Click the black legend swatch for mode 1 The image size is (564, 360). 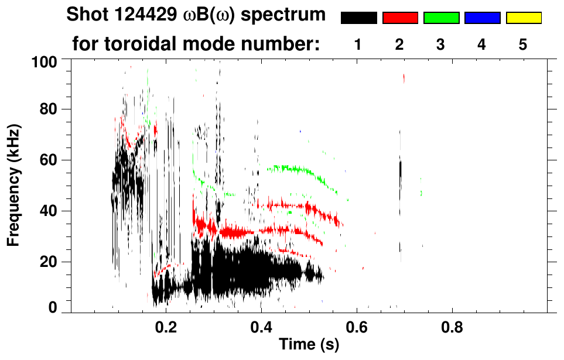point(358,18)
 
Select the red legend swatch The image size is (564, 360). point(400,18)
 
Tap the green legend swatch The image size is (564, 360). point(441,18)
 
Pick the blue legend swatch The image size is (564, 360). point(482,18)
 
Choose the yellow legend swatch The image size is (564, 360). point(523,18)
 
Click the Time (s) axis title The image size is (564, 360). point(309,345)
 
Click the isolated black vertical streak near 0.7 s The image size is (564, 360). point(401,172)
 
